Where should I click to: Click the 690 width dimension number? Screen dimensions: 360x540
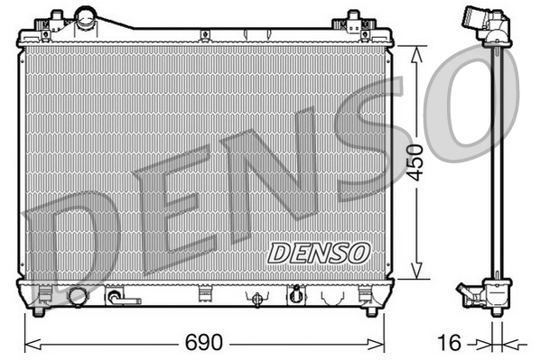click(x=203, y=344)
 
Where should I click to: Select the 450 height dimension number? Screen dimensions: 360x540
click(x=414, y=163)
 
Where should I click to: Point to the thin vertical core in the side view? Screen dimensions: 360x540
click(x=497, y=162)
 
